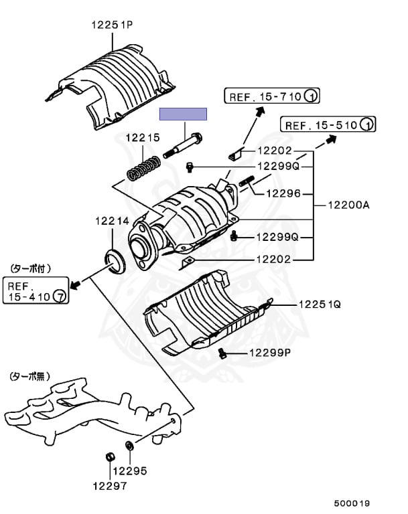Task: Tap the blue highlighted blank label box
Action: click(183, 114)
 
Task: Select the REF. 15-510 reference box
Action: click(328, 124)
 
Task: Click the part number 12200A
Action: click(348, 205)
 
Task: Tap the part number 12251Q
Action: click(320, 304)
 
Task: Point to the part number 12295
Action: click(129, 470)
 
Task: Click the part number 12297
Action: click(109, 486)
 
